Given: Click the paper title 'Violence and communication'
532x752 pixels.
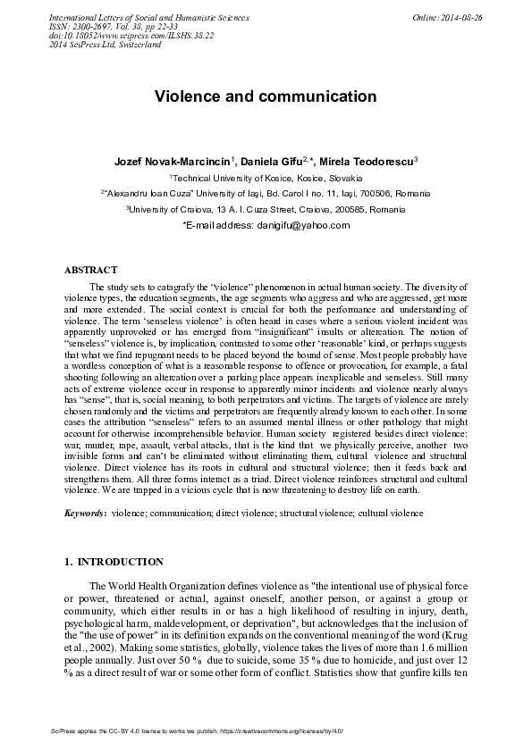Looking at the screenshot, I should pyautogui.click(x=266, y=96).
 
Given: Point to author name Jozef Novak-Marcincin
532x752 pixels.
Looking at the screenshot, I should pyautogui.click(x=173, y=161).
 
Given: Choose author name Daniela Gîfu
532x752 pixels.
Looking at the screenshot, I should pyautogui.click(x=273, y=161).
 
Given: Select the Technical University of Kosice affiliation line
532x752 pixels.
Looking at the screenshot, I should pyautogui.click(x=266, y=178).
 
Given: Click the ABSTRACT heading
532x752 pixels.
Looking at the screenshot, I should pyautogui.click(x=90, y=269).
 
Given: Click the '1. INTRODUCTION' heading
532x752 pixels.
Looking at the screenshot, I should pyautogui.click(x=114, y=563).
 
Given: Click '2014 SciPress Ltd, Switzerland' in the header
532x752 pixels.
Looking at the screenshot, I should pyautogui.click(x=105, y=45).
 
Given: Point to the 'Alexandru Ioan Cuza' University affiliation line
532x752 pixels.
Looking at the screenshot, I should pyautogui.click(x=266, y=193).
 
